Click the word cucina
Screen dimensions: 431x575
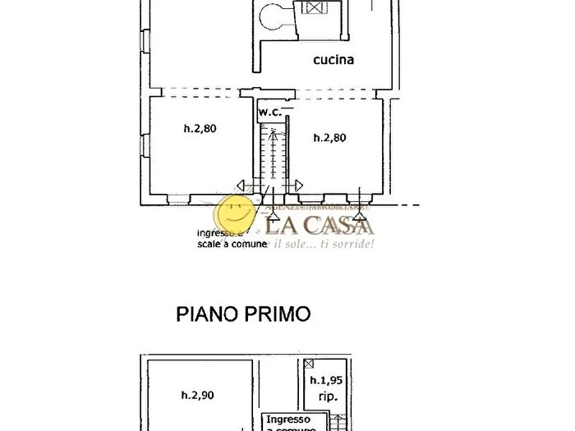pyautogui.click(x=333, y=59)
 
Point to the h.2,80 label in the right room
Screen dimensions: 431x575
pyautogui.click(x=330, y=138)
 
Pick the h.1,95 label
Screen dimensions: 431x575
pyautogui.click(x=327, y=381)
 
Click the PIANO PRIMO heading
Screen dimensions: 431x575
pyautogui.click(x=244, y=314)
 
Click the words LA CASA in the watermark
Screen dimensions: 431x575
pyautogui.click(x=319, y=224)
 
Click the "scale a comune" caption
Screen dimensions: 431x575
pyautogui.click(x=231, y=244)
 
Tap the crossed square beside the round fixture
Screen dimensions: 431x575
pyautogui.click(x=313, y=8)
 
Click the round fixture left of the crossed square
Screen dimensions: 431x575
pyautogui.click(x=273, y=13)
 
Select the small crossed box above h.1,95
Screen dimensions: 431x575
pyautogui.click(x=308, y=363)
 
